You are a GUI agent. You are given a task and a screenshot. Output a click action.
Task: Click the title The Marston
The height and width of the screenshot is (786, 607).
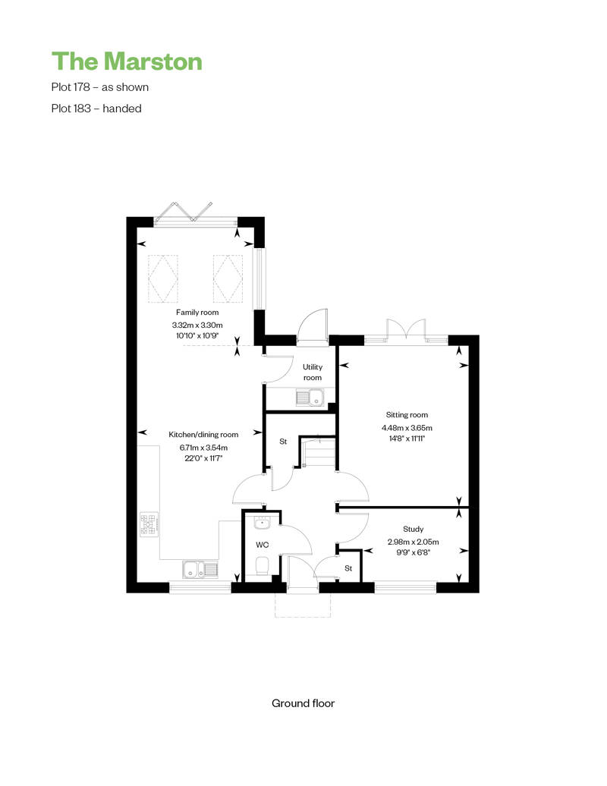(x=127, y=61)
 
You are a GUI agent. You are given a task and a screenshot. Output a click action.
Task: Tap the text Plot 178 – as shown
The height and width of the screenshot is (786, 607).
(x=99, y=87)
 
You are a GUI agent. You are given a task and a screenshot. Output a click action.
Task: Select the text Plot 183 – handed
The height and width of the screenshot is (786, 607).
(x=96, y=108)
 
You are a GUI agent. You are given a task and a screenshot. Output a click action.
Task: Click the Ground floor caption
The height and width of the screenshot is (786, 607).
(x=303, y=703)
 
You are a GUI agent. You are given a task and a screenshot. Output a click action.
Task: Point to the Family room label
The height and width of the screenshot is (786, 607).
(x=197, y=313)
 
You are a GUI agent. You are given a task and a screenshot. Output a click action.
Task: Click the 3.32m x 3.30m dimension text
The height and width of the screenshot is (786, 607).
(x=197, y=325)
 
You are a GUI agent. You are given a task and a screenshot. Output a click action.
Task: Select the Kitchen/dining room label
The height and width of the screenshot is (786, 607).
(x=203, y=435)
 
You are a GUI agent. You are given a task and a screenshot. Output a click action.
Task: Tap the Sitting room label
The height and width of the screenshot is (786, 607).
(x=407, y=414)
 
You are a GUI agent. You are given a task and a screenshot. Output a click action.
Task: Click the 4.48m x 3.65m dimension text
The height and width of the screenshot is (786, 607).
(x=407, y=428)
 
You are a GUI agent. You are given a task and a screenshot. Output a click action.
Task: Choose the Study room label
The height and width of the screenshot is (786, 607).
(x=413, y=529)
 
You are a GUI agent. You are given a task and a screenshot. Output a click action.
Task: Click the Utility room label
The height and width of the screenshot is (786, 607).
(x=313, y=372)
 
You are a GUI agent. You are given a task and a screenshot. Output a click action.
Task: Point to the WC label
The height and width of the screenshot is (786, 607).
(x=262, y=545)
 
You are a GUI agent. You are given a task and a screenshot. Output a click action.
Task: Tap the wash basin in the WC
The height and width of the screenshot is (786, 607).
(x=262, y=523)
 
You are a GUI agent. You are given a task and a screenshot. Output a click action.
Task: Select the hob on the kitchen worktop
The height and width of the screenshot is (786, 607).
(x=149, y=524)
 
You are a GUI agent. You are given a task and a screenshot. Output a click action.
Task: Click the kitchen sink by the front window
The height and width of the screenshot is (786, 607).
(x=200, y=569)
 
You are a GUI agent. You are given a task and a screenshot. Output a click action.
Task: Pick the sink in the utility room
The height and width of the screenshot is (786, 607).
(x=310, y=398)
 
